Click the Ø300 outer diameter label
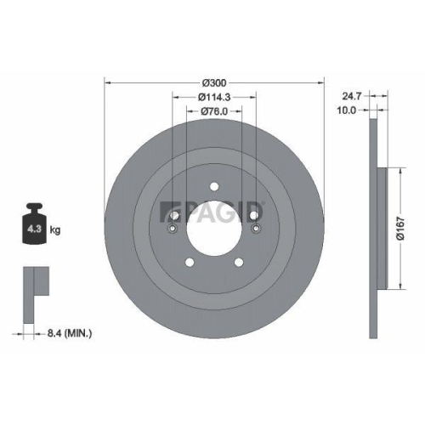[x=213, y=82]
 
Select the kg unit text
[x=55, y=230]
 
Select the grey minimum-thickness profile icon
[x=31, y=281]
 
